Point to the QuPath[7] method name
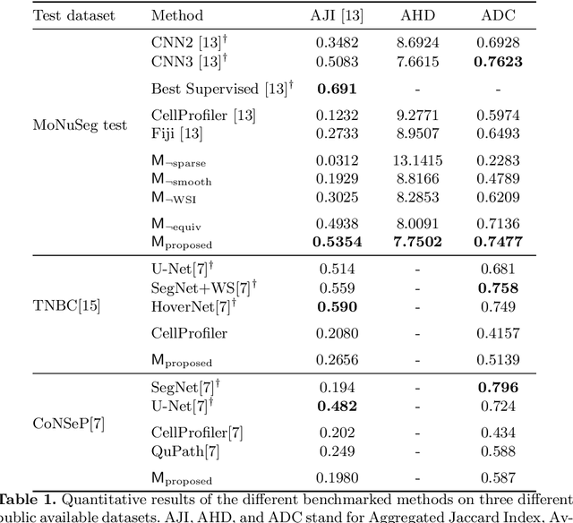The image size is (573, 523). click(185, 450)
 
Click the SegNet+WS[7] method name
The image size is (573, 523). click(203, 287)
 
